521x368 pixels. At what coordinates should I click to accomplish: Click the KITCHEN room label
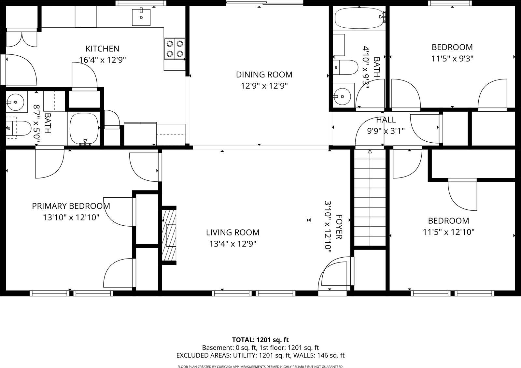coord(102,49)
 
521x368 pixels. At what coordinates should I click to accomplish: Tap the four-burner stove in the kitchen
coord(175,49)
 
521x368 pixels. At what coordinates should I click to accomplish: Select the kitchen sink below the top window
coord(141,17)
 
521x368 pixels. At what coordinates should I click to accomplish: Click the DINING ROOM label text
coord(264,75)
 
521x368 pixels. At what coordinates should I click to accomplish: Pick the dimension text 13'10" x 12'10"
coord(71,218)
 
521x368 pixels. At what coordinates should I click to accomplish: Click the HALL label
coord(386,120)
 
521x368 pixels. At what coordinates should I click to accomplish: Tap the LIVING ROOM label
coord(232,233)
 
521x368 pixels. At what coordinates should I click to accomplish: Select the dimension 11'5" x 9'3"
coord(452,59)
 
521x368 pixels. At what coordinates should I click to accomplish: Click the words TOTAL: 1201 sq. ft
coord(260,340)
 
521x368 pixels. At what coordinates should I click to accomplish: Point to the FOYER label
coord(339,227)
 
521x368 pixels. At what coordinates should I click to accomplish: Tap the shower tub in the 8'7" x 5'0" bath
coord(84,128)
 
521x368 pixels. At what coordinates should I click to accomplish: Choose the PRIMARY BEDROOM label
coord(71,206)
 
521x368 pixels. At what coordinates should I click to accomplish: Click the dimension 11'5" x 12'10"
coord(448,232)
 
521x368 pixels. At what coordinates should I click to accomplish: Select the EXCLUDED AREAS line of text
coord(260,355)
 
